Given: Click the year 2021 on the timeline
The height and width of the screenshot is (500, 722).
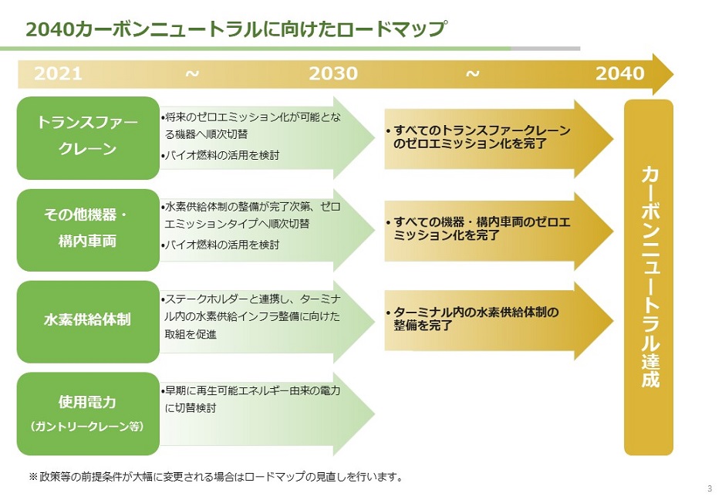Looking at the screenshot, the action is pos(58,73).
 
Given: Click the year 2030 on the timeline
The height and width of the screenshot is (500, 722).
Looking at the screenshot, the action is pos(333,73).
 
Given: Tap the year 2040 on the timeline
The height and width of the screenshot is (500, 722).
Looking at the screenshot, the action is pos(620,73).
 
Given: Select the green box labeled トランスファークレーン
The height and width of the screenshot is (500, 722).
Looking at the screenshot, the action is pos(88,137).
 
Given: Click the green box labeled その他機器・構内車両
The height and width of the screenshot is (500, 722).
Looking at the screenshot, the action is pos(88,230).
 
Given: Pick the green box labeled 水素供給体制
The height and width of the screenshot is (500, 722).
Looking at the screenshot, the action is pos(88,321).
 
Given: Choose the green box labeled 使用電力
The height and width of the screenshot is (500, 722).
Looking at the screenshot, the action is pos(88,414).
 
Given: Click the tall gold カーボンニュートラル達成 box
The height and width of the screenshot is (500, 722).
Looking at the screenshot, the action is pos(649,277).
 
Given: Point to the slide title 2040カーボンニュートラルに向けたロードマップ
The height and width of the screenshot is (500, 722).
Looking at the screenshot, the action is pos(235,29).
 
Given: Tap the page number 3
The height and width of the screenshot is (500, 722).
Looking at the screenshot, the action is pos(710,488).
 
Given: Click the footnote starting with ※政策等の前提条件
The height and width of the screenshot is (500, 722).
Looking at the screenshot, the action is pos(215,477).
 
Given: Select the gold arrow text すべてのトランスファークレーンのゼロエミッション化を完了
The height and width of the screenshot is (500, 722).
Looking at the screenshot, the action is pos(479,137).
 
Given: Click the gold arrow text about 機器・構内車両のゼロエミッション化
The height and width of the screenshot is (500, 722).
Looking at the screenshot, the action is pos(479,229).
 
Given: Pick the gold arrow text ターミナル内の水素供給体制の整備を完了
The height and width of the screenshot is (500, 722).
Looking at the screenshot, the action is pos(473,319).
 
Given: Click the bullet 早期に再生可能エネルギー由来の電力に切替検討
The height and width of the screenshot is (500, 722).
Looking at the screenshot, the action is pos(251,399).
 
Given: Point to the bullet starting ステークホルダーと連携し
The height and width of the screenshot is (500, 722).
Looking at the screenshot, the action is pos(251,316).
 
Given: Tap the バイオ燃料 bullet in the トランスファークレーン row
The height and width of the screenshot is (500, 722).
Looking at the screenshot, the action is pos(220,155).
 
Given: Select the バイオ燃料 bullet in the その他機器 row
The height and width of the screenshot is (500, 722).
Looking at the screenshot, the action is pos(220,245).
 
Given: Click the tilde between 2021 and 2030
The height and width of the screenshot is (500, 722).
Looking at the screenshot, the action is pos(193,73).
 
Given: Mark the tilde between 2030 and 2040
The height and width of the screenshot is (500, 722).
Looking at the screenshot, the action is pos(473,73).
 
